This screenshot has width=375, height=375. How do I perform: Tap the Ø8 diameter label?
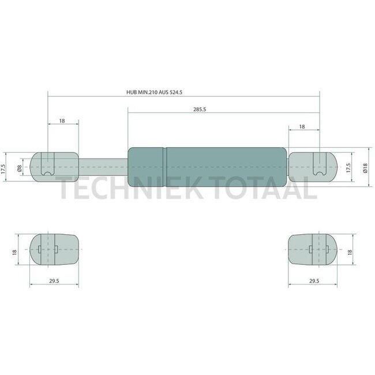point(20,168)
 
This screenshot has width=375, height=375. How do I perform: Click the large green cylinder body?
point(207,167)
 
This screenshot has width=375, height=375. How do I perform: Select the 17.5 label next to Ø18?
point(348,168)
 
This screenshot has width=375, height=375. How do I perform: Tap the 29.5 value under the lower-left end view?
point(54,281)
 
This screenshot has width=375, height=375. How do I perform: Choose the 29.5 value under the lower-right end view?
point(313,281)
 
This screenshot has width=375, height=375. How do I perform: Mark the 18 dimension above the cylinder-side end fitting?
point(302,126)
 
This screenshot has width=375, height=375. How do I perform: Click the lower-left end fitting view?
point(54,249)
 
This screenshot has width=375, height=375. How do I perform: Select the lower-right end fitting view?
point(313,249)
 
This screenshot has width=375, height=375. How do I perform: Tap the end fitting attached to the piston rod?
point(54,167)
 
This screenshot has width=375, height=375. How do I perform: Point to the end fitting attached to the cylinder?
point(312,167)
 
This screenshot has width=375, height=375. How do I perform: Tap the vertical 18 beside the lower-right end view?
point(350,252)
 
